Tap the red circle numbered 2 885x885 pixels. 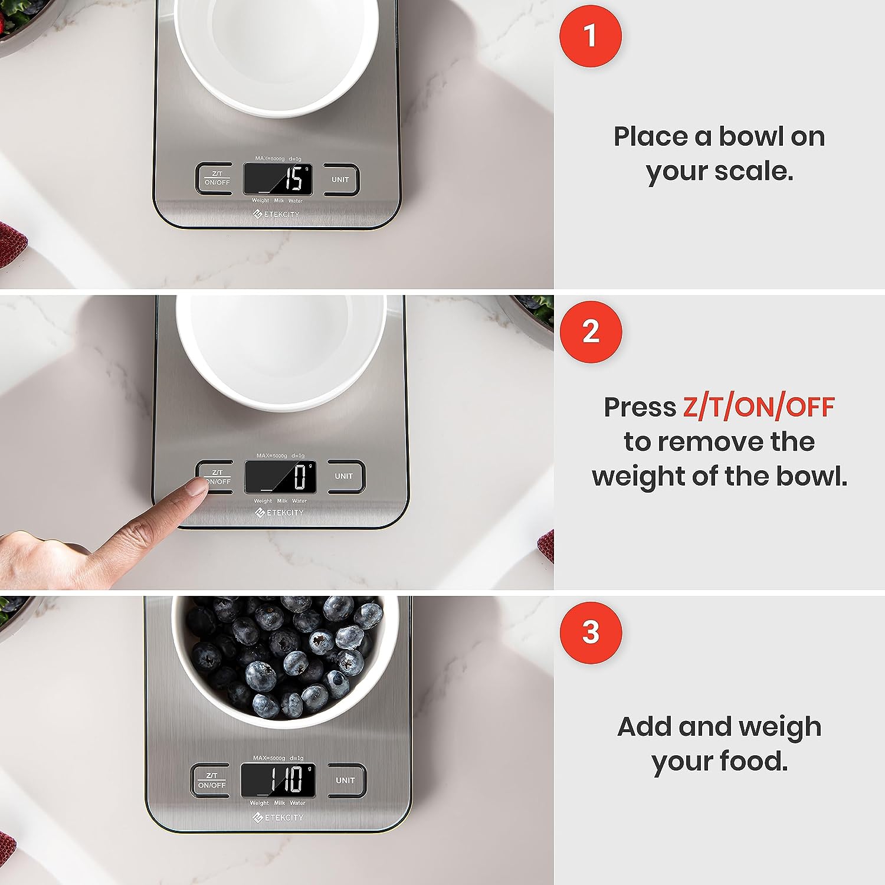tap(590, 332)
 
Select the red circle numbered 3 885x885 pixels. tap(590, 632)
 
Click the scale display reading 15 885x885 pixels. tap(278, 179)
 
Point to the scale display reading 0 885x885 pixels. tap(280, 476)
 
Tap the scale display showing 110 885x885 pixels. tap(278, 780)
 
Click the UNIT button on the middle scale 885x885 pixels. tap(344, 476)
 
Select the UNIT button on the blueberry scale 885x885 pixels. tap(345, 780)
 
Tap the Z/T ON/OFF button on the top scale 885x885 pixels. tap(217, 179)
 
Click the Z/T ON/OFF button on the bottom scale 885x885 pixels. tap(211, 780)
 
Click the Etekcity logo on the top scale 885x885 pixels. tap(276, 214)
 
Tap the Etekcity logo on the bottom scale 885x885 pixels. tap(278, 817)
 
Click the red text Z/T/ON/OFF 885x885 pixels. tap(759, 407)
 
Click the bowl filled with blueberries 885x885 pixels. tap(285, 658)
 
